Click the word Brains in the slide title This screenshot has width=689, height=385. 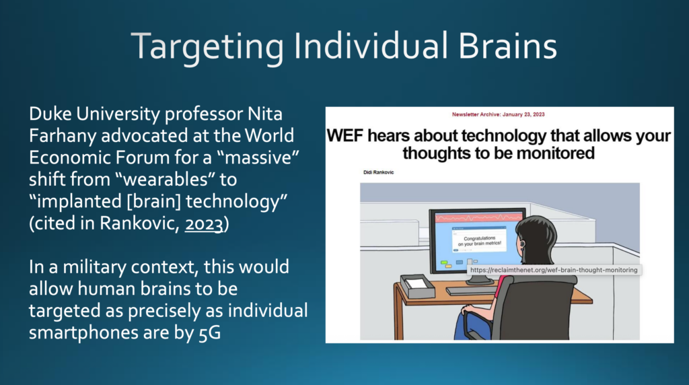pos(507,46)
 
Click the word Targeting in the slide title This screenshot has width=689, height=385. pos(207,48)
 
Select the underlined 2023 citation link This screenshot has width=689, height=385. pos(204,223)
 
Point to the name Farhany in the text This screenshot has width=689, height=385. pos(63,136)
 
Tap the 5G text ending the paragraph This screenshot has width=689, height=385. pos(210,332)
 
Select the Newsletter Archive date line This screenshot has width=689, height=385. pos(499,114)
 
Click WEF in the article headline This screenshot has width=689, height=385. pos(346,136)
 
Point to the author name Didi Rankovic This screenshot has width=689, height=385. pos(378,172)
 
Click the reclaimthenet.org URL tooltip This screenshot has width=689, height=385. pos(554,270)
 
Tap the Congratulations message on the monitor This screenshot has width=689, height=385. pos(479,241)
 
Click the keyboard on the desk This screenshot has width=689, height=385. pos(470,291)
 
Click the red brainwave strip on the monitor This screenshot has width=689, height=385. pos(479,217)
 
